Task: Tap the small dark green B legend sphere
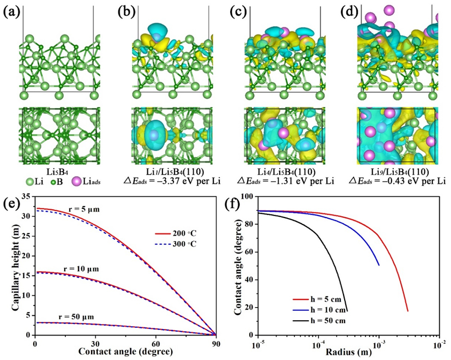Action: [x=53, y=173]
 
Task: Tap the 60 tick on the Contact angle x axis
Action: [x=155, y=344]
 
